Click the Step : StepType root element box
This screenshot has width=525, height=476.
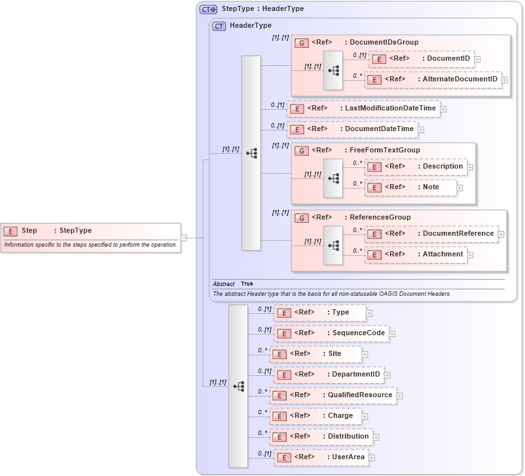(90, 231)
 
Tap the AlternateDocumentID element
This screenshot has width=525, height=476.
(433, 79)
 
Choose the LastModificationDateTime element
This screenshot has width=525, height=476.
(363, 109)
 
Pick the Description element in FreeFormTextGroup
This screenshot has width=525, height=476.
(418, 167)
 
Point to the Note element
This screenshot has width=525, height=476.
(411, 187)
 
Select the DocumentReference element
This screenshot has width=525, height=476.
(431, 234)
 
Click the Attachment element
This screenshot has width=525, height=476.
(416, 254)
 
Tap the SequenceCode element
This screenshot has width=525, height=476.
(331, 333)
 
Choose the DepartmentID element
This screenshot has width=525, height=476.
(328, 375)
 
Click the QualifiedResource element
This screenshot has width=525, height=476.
(333, 395)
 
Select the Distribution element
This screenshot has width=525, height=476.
(321, 437)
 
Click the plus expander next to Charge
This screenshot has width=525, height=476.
(365, 417)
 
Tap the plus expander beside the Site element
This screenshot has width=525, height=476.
(365, 354)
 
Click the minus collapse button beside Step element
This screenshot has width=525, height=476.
(184, 237)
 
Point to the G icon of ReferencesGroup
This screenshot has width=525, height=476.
(301, 218)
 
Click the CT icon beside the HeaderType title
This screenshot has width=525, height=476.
(219, 26)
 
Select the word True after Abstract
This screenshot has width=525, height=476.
(247, 284)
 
